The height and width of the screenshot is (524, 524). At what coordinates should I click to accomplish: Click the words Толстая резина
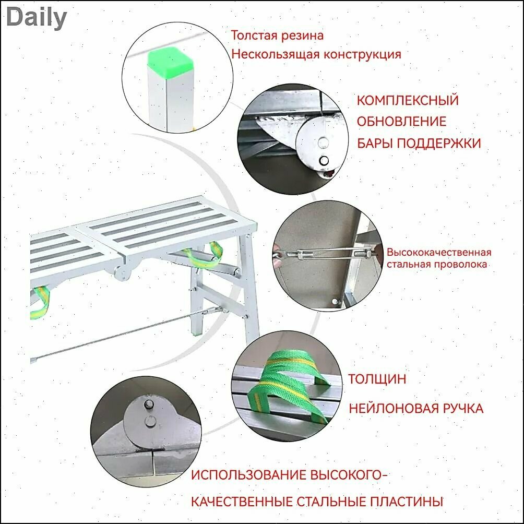coord(277,35)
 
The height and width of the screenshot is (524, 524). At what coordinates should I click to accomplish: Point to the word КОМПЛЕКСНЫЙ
coord(408,100)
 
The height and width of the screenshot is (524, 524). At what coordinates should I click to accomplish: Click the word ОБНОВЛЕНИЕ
coord(401,121)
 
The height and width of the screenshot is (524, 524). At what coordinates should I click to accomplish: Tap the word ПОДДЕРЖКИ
coord(439,144)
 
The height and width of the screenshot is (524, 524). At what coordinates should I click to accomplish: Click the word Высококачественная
coord(439,252)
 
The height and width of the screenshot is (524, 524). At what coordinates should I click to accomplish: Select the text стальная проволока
coord(436,264)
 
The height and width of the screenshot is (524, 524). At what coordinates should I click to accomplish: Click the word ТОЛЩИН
coord(377,379)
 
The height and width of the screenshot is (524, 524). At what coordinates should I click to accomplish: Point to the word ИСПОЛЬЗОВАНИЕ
coord(249,475)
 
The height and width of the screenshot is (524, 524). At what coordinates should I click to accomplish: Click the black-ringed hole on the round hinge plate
coord(324,161)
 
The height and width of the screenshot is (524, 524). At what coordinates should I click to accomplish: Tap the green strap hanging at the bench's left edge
coord(40,302)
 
